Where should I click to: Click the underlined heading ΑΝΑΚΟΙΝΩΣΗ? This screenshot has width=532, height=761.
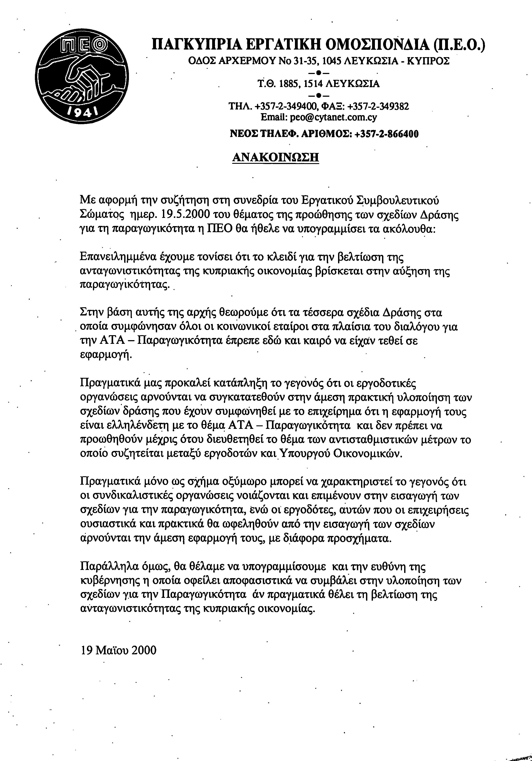tap(275, 157)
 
